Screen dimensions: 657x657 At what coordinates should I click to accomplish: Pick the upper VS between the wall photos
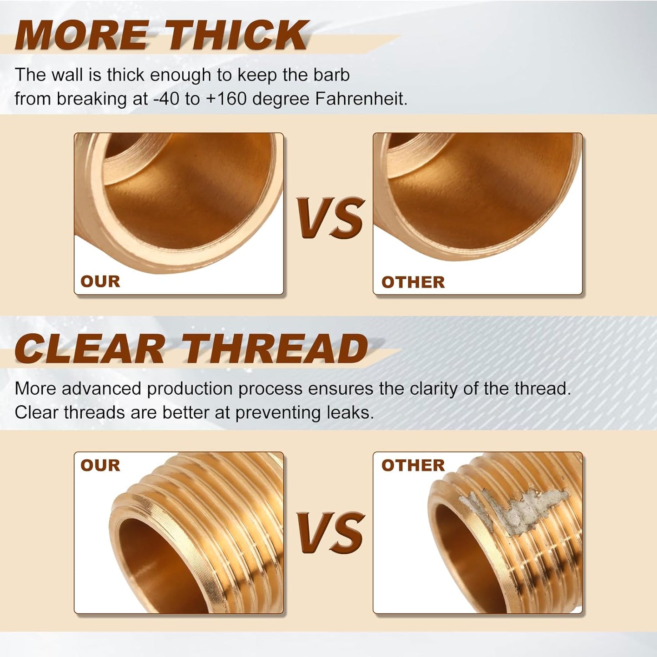(x=331, y=218)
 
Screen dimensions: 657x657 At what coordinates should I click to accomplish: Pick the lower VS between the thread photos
(x=331, y=532)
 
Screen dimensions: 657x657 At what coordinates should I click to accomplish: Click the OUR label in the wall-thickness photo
(x=100, y=281)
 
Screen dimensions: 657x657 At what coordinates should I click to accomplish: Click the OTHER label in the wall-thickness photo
(x=413, y=282)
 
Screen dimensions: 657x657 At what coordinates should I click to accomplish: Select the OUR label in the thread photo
(x=100, y=465)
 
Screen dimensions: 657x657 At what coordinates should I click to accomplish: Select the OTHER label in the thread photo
(x=413, y=465)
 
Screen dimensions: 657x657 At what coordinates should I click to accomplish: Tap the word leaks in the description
(x=350, y=412)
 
